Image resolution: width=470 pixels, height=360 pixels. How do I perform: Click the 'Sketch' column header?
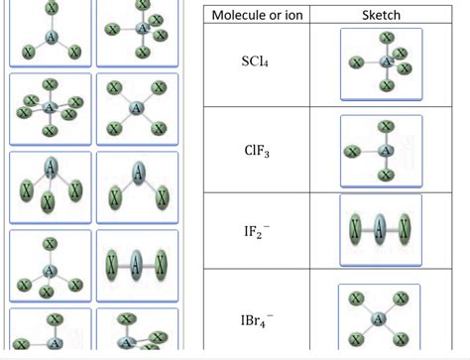coord(381,16)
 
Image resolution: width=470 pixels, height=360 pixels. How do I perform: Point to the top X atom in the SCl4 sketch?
coord(385,38)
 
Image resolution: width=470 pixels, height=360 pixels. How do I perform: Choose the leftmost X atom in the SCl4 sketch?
coord(353,64)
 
